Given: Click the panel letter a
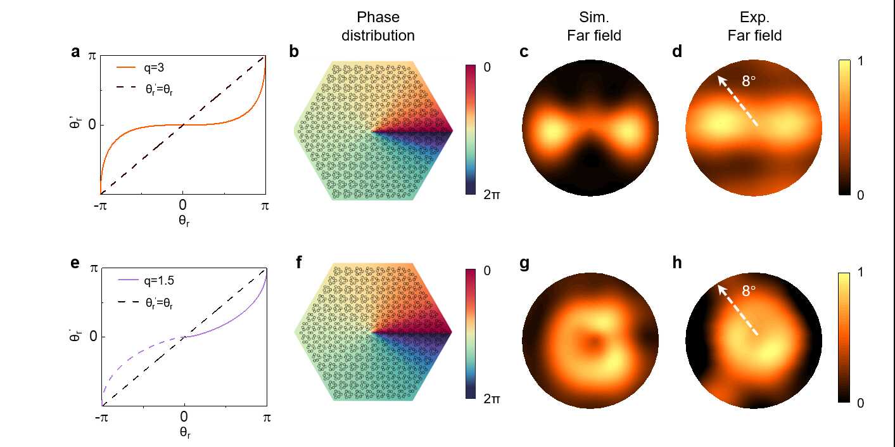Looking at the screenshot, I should click(75, 53).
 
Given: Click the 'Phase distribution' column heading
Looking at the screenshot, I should click(378, 26).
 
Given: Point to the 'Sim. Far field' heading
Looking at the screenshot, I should click(593, 26).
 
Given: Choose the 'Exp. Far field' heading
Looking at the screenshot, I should click(754, 26).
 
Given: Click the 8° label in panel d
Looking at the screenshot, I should click(749, 81).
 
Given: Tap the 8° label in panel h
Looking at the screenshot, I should click(749, 292).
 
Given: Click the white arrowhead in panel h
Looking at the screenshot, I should click(720, 288).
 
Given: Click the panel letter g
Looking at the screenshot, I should click(524, 264).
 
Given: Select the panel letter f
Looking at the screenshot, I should click(299, 264).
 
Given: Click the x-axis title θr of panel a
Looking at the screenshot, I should click(182, 223).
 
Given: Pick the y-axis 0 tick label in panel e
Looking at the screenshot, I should click(92, 336).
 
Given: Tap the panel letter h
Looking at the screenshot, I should click(677, 264).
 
